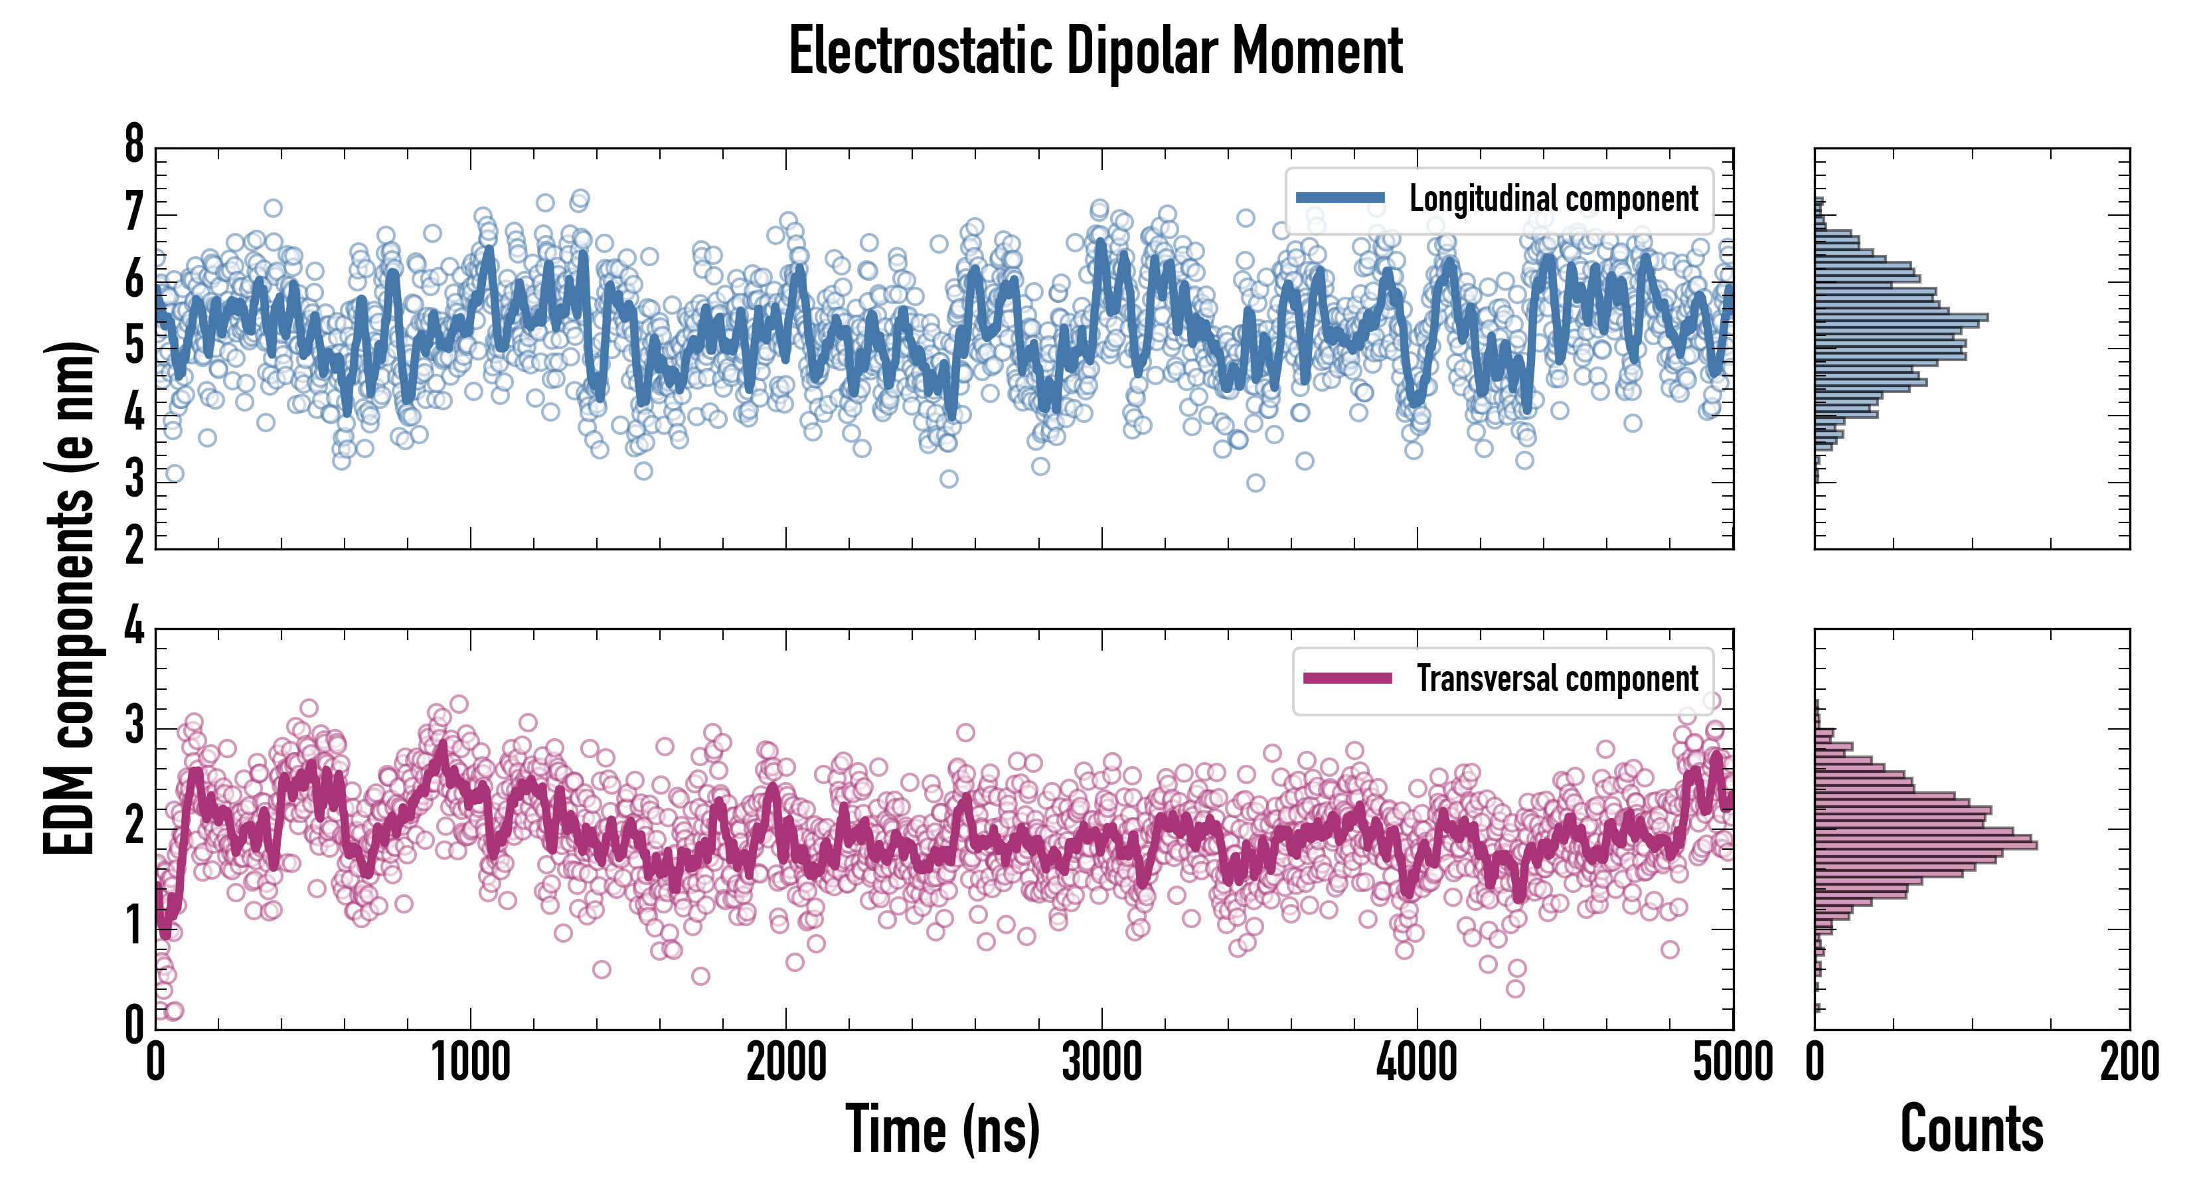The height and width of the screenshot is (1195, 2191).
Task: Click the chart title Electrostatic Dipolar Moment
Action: pyautogui.click(x=1095, y=51)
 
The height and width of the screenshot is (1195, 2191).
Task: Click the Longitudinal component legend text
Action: pyautogui.click(x=1553, y=199)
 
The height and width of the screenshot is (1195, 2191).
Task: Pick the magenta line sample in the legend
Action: pyautogui.click(x=1347, y=678)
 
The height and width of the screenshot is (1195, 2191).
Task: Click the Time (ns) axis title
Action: pyautogui.click(x=942, y=1129)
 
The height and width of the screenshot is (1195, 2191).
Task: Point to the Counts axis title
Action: pyautogui.click(x=1971, y=1129)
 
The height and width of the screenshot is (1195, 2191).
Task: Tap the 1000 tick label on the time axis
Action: pyautogui.click(x=470, y=1063)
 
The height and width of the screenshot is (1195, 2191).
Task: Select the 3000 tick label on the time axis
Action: pyautogui.click(x=1101, y=1063)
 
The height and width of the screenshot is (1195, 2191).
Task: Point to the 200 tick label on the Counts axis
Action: pyautogui.click(x=2129, y=1063)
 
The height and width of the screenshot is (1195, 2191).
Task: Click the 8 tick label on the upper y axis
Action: pyautogui.click(x=134, y=145)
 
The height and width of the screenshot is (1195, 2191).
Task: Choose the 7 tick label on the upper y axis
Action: pyautogui.click(x=134, y=212)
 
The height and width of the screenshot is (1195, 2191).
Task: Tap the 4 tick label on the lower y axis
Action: pyautogui.click(x=134, y=627)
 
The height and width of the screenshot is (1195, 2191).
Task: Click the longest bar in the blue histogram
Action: pyautogui.click(x=1901, y=318)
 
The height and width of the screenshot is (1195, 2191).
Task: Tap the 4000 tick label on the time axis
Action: pyautogui.click(x=1417, y=1063)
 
